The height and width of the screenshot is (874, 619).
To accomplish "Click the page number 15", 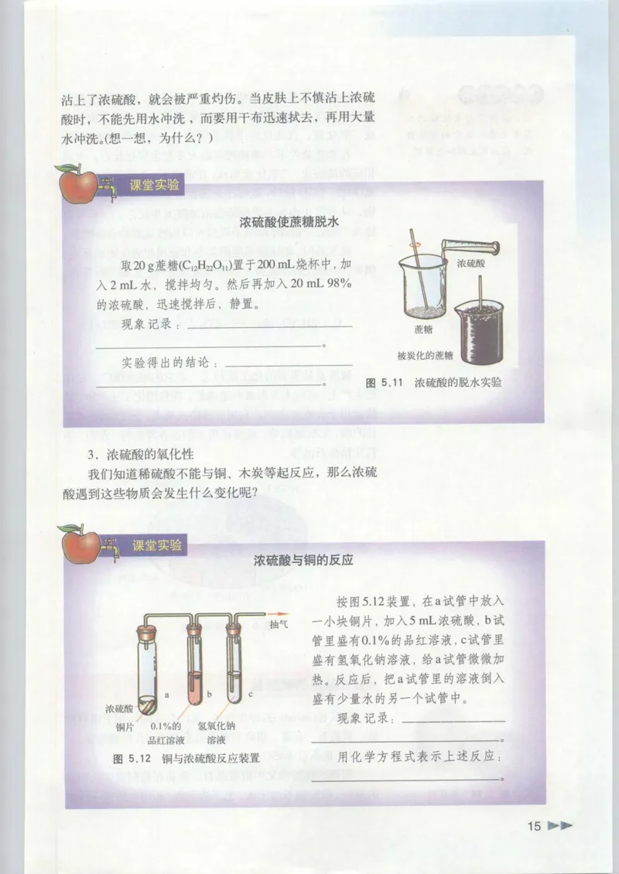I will (533, 826).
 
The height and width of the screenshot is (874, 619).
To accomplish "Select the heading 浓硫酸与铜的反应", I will (303, 560).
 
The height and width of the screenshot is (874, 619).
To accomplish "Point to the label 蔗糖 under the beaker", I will (423, 329).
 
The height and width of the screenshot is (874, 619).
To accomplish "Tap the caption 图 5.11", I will (381, 382).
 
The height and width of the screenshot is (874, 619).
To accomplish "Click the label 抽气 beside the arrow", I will (279, 624).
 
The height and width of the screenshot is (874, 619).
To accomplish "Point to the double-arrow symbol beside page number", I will (560, 826).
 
